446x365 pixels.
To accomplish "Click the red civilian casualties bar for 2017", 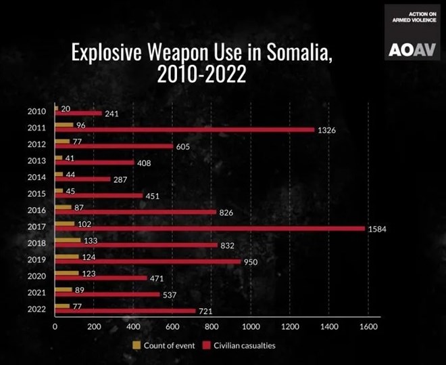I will tap(209, 229).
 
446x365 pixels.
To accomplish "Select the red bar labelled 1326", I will tap(184, 130).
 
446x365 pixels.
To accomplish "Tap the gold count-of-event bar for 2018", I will tap(68, 240).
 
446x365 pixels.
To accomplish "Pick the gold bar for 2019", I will tap(67, 256).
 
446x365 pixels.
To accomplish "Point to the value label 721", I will tap(205, 312).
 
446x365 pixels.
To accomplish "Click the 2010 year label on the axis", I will tap(37, 111).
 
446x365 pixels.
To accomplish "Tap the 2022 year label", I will tap(37, 309).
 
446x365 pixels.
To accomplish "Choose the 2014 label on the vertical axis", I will tap(37, 177).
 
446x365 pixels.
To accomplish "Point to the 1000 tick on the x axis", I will tap(251, 327).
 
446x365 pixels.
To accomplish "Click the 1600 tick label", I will tap(368, 327).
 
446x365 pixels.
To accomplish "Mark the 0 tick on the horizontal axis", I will tap(55, 327).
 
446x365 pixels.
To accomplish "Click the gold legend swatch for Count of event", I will tap(136, 345).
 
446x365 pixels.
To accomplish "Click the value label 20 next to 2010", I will tap(66, 108).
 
